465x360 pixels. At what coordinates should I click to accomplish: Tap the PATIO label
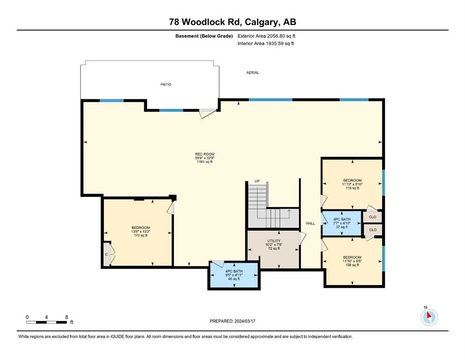pyautogui.click(x=166, y=84)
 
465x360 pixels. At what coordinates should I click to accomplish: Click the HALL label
pyautogui.click(x=310, y=223)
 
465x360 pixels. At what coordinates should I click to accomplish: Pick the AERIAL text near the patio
pyautogui.click(x=252, y=72)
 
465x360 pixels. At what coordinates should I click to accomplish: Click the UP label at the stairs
pyautogui.click(x=257, y=181)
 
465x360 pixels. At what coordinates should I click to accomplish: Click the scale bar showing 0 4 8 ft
pyautogui.click(x=47, y=320)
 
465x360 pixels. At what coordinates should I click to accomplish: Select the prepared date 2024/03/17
pyautogui.click(x=232, y=321)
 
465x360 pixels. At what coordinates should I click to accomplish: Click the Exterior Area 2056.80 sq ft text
pyautogui.click(x=266, y=36)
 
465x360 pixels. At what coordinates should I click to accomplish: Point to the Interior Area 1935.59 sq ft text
pyautogui.click(x=266, y=43)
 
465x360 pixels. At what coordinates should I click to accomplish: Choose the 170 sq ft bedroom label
pyautogui.click(x=140, y=232)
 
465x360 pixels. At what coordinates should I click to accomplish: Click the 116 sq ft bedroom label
pyautogui.click(x=352, y=184)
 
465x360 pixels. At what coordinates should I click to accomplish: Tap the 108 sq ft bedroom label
pyautogui.click(x=352, y=261)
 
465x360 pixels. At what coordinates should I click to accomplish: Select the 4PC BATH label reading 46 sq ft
pyautogui.click(x=234, y=275)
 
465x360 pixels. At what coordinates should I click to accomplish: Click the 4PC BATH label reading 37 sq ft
pyautogui.click(x=342, y=223)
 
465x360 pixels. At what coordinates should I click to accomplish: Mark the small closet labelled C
pyautogui.click(x=107, y=255)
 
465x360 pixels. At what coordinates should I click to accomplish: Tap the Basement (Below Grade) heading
pyautogui.click(x=204, y=36)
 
